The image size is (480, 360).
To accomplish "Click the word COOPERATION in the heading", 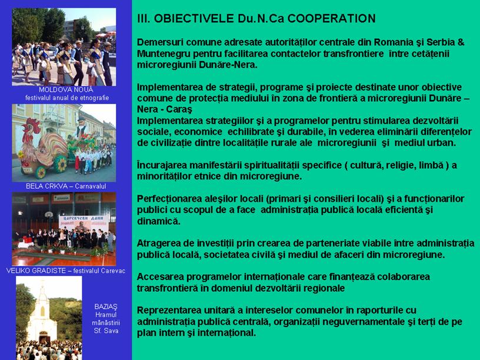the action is pyautogui.click(x=332, y=18).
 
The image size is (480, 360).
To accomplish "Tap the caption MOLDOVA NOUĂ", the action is pyautogui.click(x=66, y=89).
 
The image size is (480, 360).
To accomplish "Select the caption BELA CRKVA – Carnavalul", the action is pyautogui.click(x=66, y=186).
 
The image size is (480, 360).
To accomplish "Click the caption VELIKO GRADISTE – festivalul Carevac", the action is pyautogui.click(x=65, y=271).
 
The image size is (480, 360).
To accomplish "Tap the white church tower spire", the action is pyautogui.click(x=42, y=292).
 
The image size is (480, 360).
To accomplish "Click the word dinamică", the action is pyautogui.click(x=159, y=221).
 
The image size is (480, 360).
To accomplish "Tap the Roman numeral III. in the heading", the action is pyautogui.click(x=144, y=18).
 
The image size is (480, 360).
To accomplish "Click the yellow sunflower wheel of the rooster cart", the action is pyautogui.click(x=61, y=164).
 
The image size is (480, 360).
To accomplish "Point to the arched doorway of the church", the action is pyautogui.click(x=44, y=338).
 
